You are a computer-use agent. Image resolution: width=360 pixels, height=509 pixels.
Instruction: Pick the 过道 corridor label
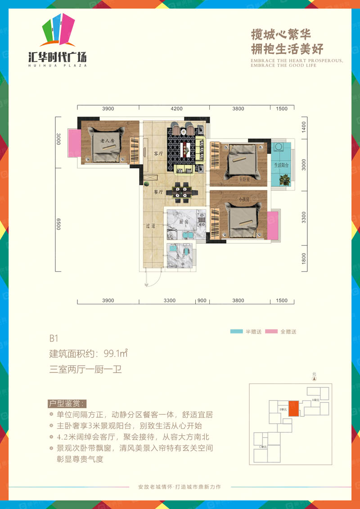coord(150,226)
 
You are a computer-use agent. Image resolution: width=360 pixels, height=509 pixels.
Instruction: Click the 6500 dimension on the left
coord(58,224)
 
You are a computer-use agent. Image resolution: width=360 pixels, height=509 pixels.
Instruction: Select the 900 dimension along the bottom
coord(202,301)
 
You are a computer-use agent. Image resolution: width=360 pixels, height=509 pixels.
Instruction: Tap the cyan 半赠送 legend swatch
coord(236,332)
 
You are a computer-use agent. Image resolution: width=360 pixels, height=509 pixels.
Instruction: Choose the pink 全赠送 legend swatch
coord(271,332)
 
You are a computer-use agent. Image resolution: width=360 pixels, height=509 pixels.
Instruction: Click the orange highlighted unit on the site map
coord(293,408)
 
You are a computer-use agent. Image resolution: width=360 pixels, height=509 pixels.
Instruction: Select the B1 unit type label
coord(54,338)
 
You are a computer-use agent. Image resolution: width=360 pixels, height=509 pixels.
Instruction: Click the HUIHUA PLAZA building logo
coord(57,40)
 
